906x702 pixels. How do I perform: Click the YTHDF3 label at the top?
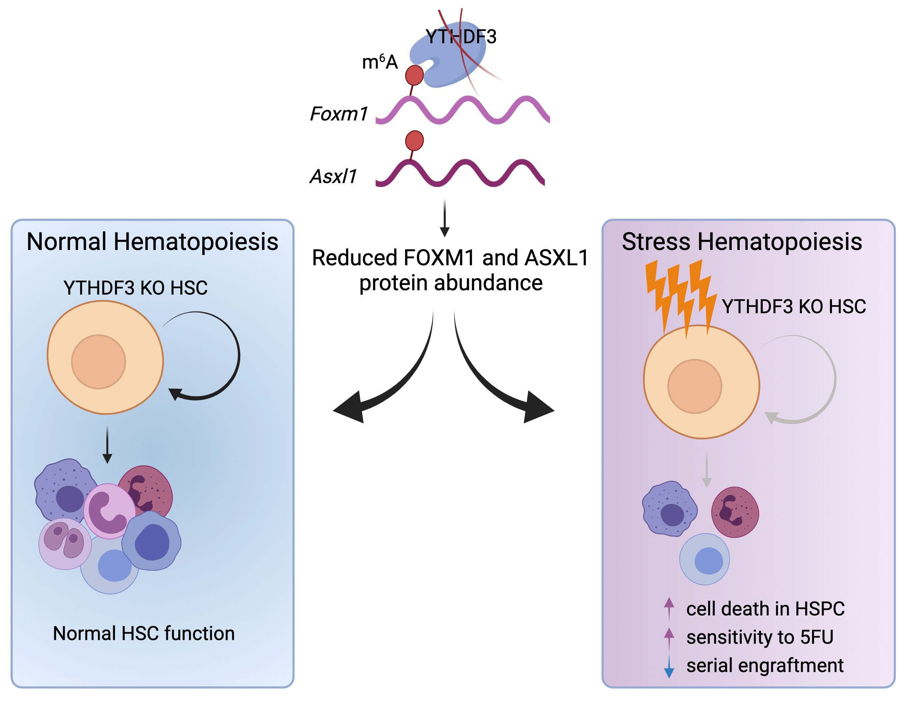461,37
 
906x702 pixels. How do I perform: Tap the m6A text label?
380,62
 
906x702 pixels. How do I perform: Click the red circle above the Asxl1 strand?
414,140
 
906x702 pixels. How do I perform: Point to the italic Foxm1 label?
339,114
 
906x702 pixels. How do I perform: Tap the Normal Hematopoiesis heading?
152,242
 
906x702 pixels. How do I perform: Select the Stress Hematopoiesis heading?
742,242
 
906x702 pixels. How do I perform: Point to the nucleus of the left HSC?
98,362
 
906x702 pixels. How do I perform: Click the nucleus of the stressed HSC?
694,386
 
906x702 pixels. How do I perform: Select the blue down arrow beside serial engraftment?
669,666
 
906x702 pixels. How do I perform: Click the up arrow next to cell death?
669,608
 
